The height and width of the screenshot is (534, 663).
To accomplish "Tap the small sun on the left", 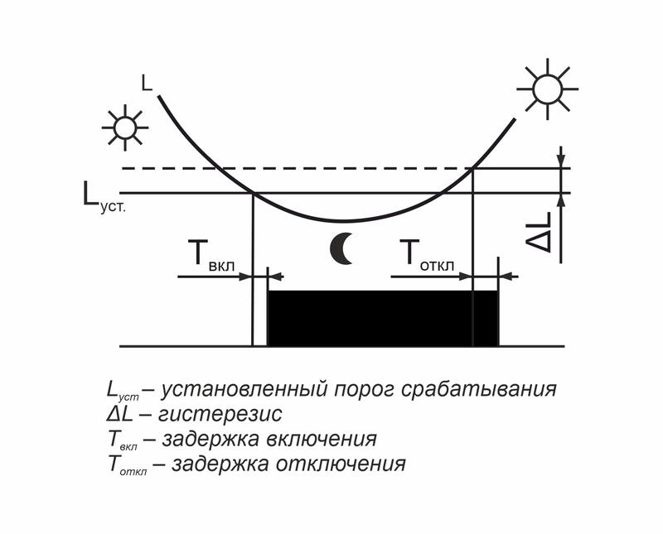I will point(124,127).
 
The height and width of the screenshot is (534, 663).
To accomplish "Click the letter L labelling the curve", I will point(147,83).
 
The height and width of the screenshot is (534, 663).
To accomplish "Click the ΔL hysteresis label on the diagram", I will point(541,231).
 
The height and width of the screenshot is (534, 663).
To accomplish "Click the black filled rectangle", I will point(382,319).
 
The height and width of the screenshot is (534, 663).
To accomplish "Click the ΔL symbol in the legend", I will point(121,413).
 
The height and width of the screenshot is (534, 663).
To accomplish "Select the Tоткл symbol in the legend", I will point(124,464).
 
